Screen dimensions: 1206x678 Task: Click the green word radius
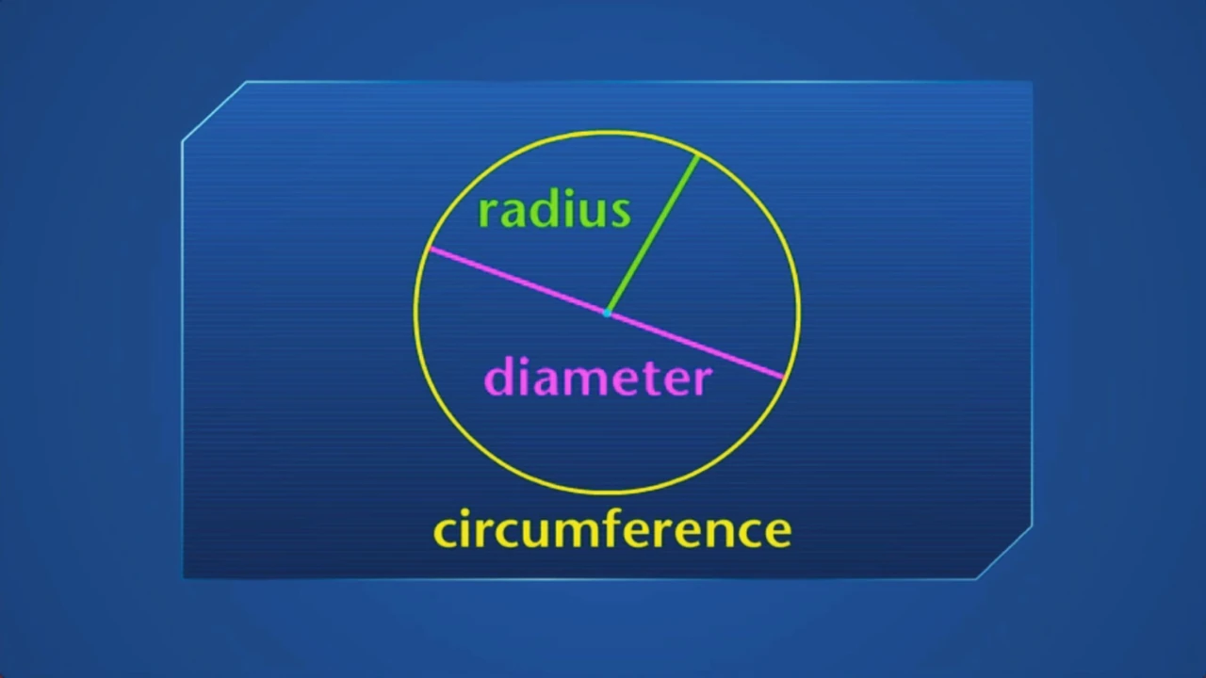554,211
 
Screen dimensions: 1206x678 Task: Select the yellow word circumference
612,528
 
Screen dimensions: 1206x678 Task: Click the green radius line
653,234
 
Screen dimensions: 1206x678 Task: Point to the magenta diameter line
606,314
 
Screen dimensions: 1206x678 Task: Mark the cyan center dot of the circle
607,314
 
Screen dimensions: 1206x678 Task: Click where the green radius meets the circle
698,156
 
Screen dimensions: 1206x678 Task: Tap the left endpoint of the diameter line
430,249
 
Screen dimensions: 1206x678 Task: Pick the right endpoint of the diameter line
783,379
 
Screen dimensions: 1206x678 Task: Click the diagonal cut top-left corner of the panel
214,111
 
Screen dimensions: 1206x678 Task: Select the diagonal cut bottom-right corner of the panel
1004,552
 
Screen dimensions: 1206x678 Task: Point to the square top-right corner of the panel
1032,82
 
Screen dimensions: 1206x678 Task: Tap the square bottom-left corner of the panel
184,578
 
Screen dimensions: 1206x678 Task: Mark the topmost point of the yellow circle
607,131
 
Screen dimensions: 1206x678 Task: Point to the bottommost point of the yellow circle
607,492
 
